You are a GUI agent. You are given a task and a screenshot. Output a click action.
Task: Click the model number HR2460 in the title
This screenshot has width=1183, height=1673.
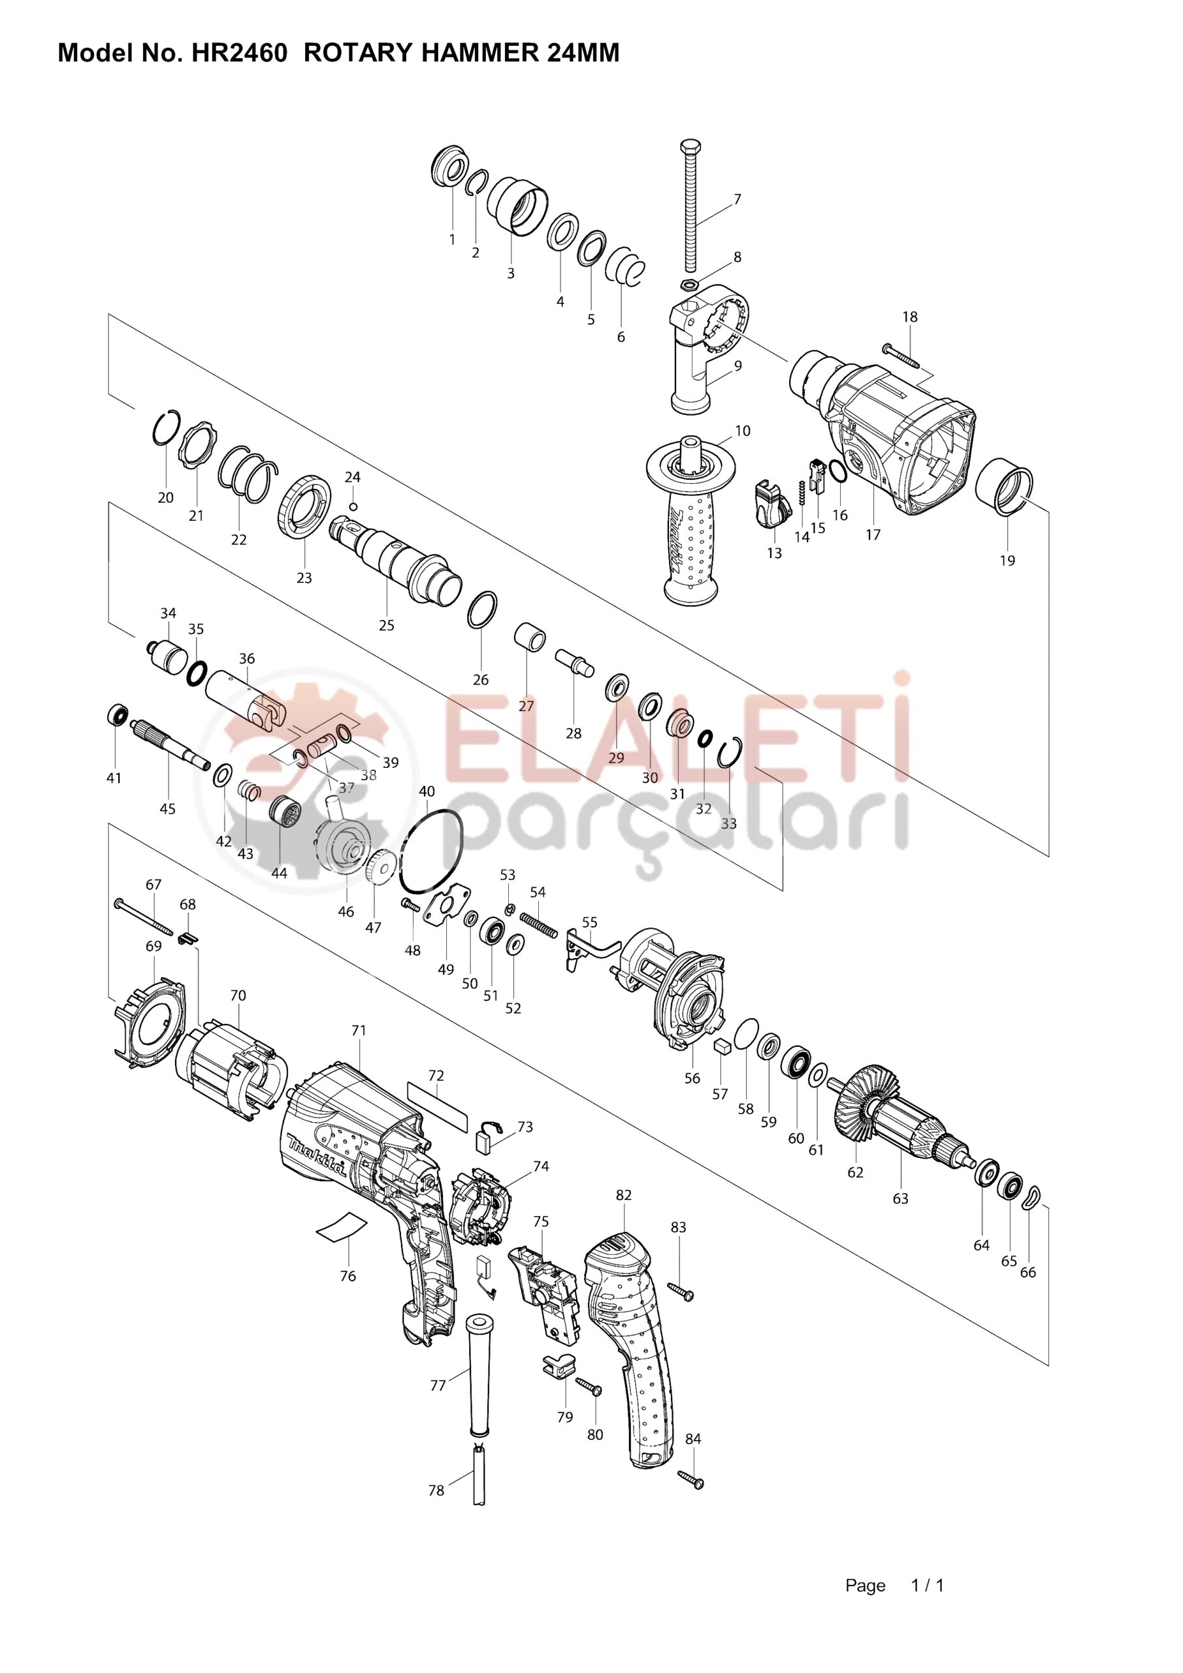point(239,53)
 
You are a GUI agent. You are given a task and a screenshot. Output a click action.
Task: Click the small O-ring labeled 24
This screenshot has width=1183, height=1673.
point(353,506)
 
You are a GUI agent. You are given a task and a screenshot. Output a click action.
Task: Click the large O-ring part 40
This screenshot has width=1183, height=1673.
point(431,850)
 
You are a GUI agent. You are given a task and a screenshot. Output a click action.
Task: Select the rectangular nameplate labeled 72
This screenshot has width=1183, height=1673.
point(436,1104)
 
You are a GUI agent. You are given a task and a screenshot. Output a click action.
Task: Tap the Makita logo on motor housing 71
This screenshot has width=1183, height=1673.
point(316,1155)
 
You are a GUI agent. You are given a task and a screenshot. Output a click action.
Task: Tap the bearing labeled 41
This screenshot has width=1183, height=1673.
point(116,716)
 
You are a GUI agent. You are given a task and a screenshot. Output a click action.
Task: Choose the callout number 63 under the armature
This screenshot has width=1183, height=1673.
point(900,1199)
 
